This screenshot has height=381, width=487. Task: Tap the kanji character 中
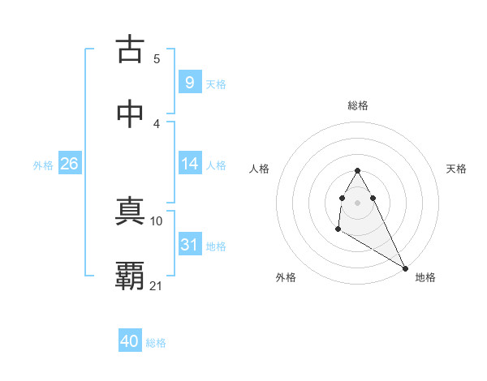[x=130, y=114]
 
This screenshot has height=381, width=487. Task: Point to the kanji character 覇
[x=130, y=276]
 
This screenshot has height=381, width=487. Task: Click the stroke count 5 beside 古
[x=157, y=59]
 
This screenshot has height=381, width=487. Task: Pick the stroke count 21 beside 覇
[x=157, y=285]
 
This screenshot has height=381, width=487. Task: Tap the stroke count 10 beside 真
[x=157, y=220]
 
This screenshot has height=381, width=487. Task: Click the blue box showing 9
[x=189, y=82]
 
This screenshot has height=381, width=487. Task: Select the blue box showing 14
[x=189, y=164]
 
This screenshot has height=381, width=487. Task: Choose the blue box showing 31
[x=189, y=244]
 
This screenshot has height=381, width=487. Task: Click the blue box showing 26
[x=69, y=164]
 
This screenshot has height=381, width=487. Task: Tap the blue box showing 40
[x=130, y=341]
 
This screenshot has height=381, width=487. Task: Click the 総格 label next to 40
[x=156, y=343]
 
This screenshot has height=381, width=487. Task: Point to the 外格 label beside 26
[x=43, y=165]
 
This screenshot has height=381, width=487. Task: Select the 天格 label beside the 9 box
[x=216, y=83]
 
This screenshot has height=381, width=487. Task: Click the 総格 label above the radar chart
[x=358, y=105]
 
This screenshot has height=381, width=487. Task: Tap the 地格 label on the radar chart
[x=425, y=277]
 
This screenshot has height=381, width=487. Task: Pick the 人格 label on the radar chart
[x=260, y=169]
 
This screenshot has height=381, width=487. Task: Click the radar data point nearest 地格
[x=405, y=268]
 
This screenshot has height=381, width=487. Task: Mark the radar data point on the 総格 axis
[x=357, y=171]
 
